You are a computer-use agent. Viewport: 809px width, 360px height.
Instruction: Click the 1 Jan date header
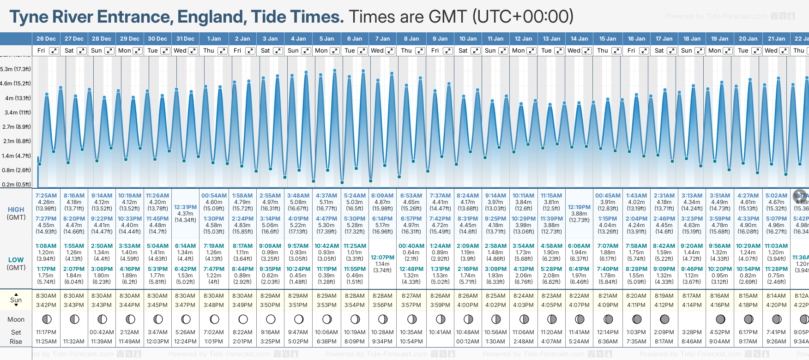(214, 39)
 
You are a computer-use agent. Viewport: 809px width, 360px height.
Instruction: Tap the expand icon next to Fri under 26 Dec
(54, 51)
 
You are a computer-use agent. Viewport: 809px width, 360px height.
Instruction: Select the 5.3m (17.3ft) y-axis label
(16, 69)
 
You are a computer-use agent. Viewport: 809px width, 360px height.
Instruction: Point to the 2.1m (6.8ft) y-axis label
(16, 141)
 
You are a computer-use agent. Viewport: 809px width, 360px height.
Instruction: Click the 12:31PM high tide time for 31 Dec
(186, 207)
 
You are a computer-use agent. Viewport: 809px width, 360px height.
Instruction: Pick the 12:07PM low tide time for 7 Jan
(383, 258)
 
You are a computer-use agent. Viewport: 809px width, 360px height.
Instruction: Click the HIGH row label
(16, 210)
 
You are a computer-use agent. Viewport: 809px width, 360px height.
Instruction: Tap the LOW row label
(16, 260)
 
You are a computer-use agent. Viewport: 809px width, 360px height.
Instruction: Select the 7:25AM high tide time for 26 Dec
(46, 196)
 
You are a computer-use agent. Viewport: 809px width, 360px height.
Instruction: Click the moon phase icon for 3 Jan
(271, 319)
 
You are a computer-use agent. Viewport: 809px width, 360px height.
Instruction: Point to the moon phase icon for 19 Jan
(720, 319)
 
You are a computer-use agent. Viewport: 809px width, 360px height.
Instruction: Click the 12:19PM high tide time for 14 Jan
(579, 207)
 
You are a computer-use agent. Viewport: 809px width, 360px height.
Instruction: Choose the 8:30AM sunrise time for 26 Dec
(46, 296)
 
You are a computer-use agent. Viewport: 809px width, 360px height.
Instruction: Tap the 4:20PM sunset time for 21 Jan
(776, 305)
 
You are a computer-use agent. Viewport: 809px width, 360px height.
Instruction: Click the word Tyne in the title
(29, 17)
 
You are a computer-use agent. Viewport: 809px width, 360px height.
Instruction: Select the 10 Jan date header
(468, 39)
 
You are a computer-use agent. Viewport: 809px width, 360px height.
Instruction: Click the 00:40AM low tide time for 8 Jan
(411, 246)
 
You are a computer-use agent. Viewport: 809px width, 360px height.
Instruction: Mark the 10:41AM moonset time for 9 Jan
(440, 332)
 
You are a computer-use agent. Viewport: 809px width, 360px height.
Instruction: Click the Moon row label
(16, 319)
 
